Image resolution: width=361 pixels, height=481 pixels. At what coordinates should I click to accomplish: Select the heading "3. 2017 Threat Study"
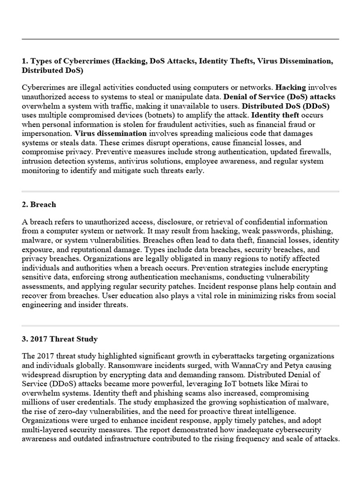(60, 339)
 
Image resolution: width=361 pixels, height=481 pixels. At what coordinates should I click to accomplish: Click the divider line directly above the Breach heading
(180, 192)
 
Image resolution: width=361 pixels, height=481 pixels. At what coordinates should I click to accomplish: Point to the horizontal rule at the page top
(180, 39)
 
